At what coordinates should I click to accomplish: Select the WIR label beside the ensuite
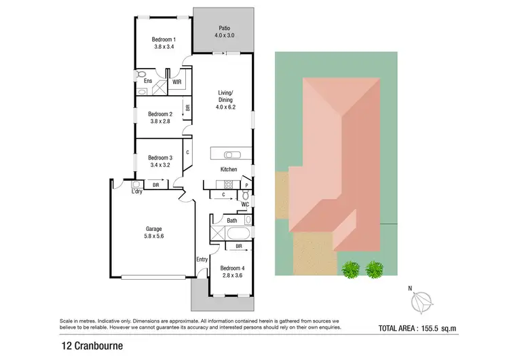[176, 82]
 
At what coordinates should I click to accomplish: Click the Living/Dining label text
[226, 97]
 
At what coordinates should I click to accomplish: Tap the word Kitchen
[228, 169]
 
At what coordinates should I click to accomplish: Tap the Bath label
[232, 220]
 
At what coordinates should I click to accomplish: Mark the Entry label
[202, 259]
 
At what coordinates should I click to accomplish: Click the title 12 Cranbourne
[86, 345]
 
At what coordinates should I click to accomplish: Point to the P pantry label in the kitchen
[246, 185]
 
